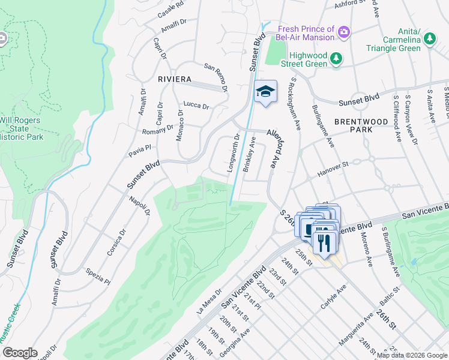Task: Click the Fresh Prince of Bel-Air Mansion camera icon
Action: click(x=344, y=31)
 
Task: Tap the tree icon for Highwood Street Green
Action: click(x=337, y=58)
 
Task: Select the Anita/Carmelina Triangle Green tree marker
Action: click(x=429, y=40)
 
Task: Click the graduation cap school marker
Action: click(x=265, y=92)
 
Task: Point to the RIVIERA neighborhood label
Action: click(x=175, y=79)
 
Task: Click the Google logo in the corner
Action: click(x=20, y=353)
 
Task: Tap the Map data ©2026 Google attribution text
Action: click(x=412, y=355)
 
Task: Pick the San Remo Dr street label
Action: click(x=217, y=78)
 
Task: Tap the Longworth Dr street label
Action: click(x=233, y=154)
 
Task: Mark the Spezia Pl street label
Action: click(x=98, y=276)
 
